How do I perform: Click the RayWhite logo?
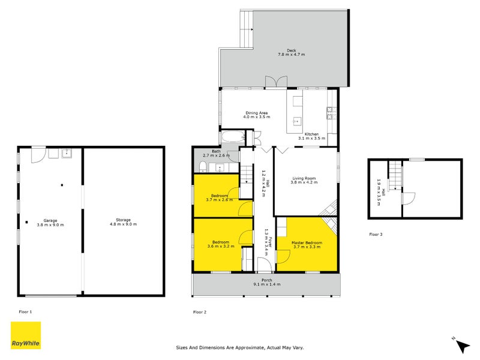tap(26, 335)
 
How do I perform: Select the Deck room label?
tap(291, 52)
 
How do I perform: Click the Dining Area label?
tap(256, 115)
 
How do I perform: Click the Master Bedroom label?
tap(311, 245)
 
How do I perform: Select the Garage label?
tap(50, 222)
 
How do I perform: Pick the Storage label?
tap(123, 222)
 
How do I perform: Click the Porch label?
tap(266, 281)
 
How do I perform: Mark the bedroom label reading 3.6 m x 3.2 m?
tap(218, 245)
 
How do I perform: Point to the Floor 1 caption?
tap(25, 312)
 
